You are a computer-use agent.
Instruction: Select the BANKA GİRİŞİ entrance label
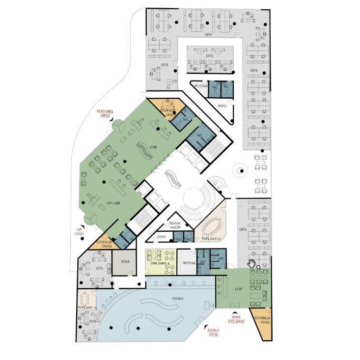pos(213,332)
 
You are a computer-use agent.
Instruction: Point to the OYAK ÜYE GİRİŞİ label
pos(236,319)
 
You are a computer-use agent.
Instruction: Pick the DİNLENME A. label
pos(160,264)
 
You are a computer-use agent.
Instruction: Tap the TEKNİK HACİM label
pos(175,225)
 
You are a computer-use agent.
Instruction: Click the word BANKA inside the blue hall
pos(177,298)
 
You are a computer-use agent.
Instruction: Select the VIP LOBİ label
pos(114,202)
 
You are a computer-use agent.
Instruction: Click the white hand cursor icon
pos(252,264)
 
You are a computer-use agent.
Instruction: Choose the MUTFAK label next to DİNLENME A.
pos(190,264)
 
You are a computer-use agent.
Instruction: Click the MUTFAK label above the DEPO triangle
pos(201,86)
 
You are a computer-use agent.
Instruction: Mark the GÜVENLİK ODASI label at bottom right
pos(261,320)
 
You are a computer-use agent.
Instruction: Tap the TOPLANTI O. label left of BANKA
pos(86,307)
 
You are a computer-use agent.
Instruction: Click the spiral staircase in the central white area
pos(196,201)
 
